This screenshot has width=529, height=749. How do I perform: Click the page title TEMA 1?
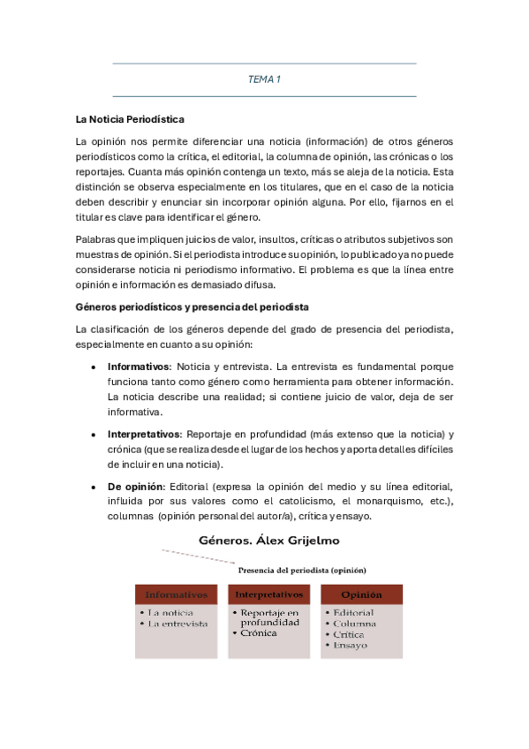tap(264, 79)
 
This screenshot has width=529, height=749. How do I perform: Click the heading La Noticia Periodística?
tap(130, 118)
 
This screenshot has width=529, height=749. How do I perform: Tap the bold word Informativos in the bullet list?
tap(140, 366)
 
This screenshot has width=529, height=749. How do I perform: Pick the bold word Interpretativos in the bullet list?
tap(144, 434)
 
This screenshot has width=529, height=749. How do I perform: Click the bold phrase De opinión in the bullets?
tap(135, 487)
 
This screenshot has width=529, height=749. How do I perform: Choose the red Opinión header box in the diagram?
tap(361, 594)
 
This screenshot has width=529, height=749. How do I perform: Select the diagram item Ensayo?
tap(351, 646)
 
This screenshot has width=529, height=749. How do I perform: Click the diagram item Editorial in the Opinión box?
tap(353, 613)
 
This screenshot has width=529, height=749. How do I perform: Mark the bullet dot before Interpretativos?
tap(94, 435)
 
